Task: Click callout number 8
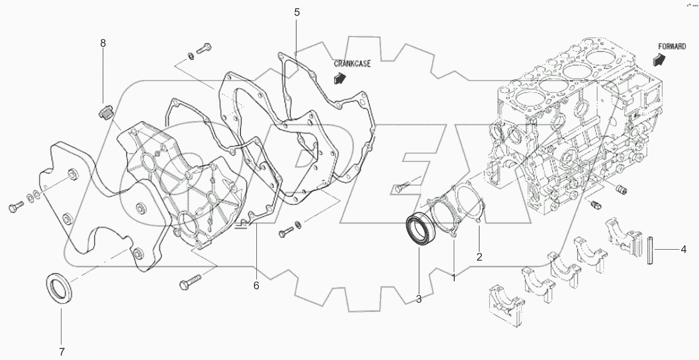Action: (103, 43)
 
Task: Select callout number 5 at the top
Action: (297, 12)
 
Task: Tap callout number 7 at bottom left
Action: (61, 352)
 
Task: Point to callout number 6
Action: (256, 285)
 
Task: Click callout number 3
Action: (419, 300)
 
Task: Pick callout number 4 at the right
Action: (684, 250)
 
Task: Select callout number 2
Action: (479, 257)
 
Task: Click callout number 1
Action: (454, 278)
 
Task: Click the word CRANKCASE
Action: (352, 64)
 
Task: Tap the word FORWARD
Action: (671, 47)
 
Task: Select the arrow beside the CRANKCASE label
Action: (340, 77)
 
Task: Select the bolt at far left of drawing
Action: (16, 208)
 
